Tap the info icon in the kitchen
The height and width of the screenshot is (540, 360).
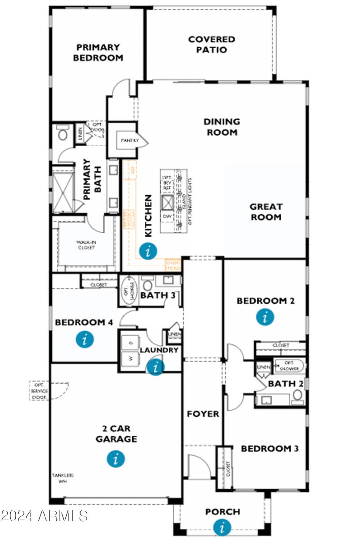pyautogui.click(x=148, y=251)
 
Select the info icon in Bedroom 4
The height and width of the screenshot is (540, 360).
pyautogui.click(x=85, y=339)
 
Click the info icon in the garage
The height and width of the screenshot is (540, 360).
pyautogui.click(x=116, y=459)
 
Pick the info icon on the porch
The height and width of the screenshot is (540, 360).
pyautogui.click(x=222, y=526)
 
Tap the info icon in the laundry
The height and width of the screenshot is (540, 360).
pyautogui.click(x=156, y=367)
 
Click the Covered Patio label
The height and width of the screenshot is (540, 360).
pyautogui.click(x=211, y=45)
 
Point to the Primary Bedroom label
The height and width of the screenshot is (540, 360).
pyautogui.click(x=98, y=52)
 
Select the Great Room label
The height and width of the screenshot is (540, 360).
pyautogui.click(x=266, y=212)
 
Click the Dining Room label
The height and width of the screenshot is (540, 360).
pyautogui.click(x=222, y=127)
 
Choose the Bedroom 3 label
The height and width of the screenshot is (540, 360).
pyautogui.click(x=270, y=449)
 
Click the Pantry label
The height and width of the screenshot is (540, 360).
pyautogui.click(x=128, y=141)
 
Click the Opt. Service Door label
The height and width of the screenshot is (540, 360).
pyautogui.click(x=40, y=391)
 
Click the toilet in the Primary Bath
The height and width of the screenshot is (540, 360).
pyautogui.click(x=63, y=134)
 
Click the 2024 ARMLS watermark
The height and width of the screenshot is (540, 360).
pyautogui.click(x=44, y=516)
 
